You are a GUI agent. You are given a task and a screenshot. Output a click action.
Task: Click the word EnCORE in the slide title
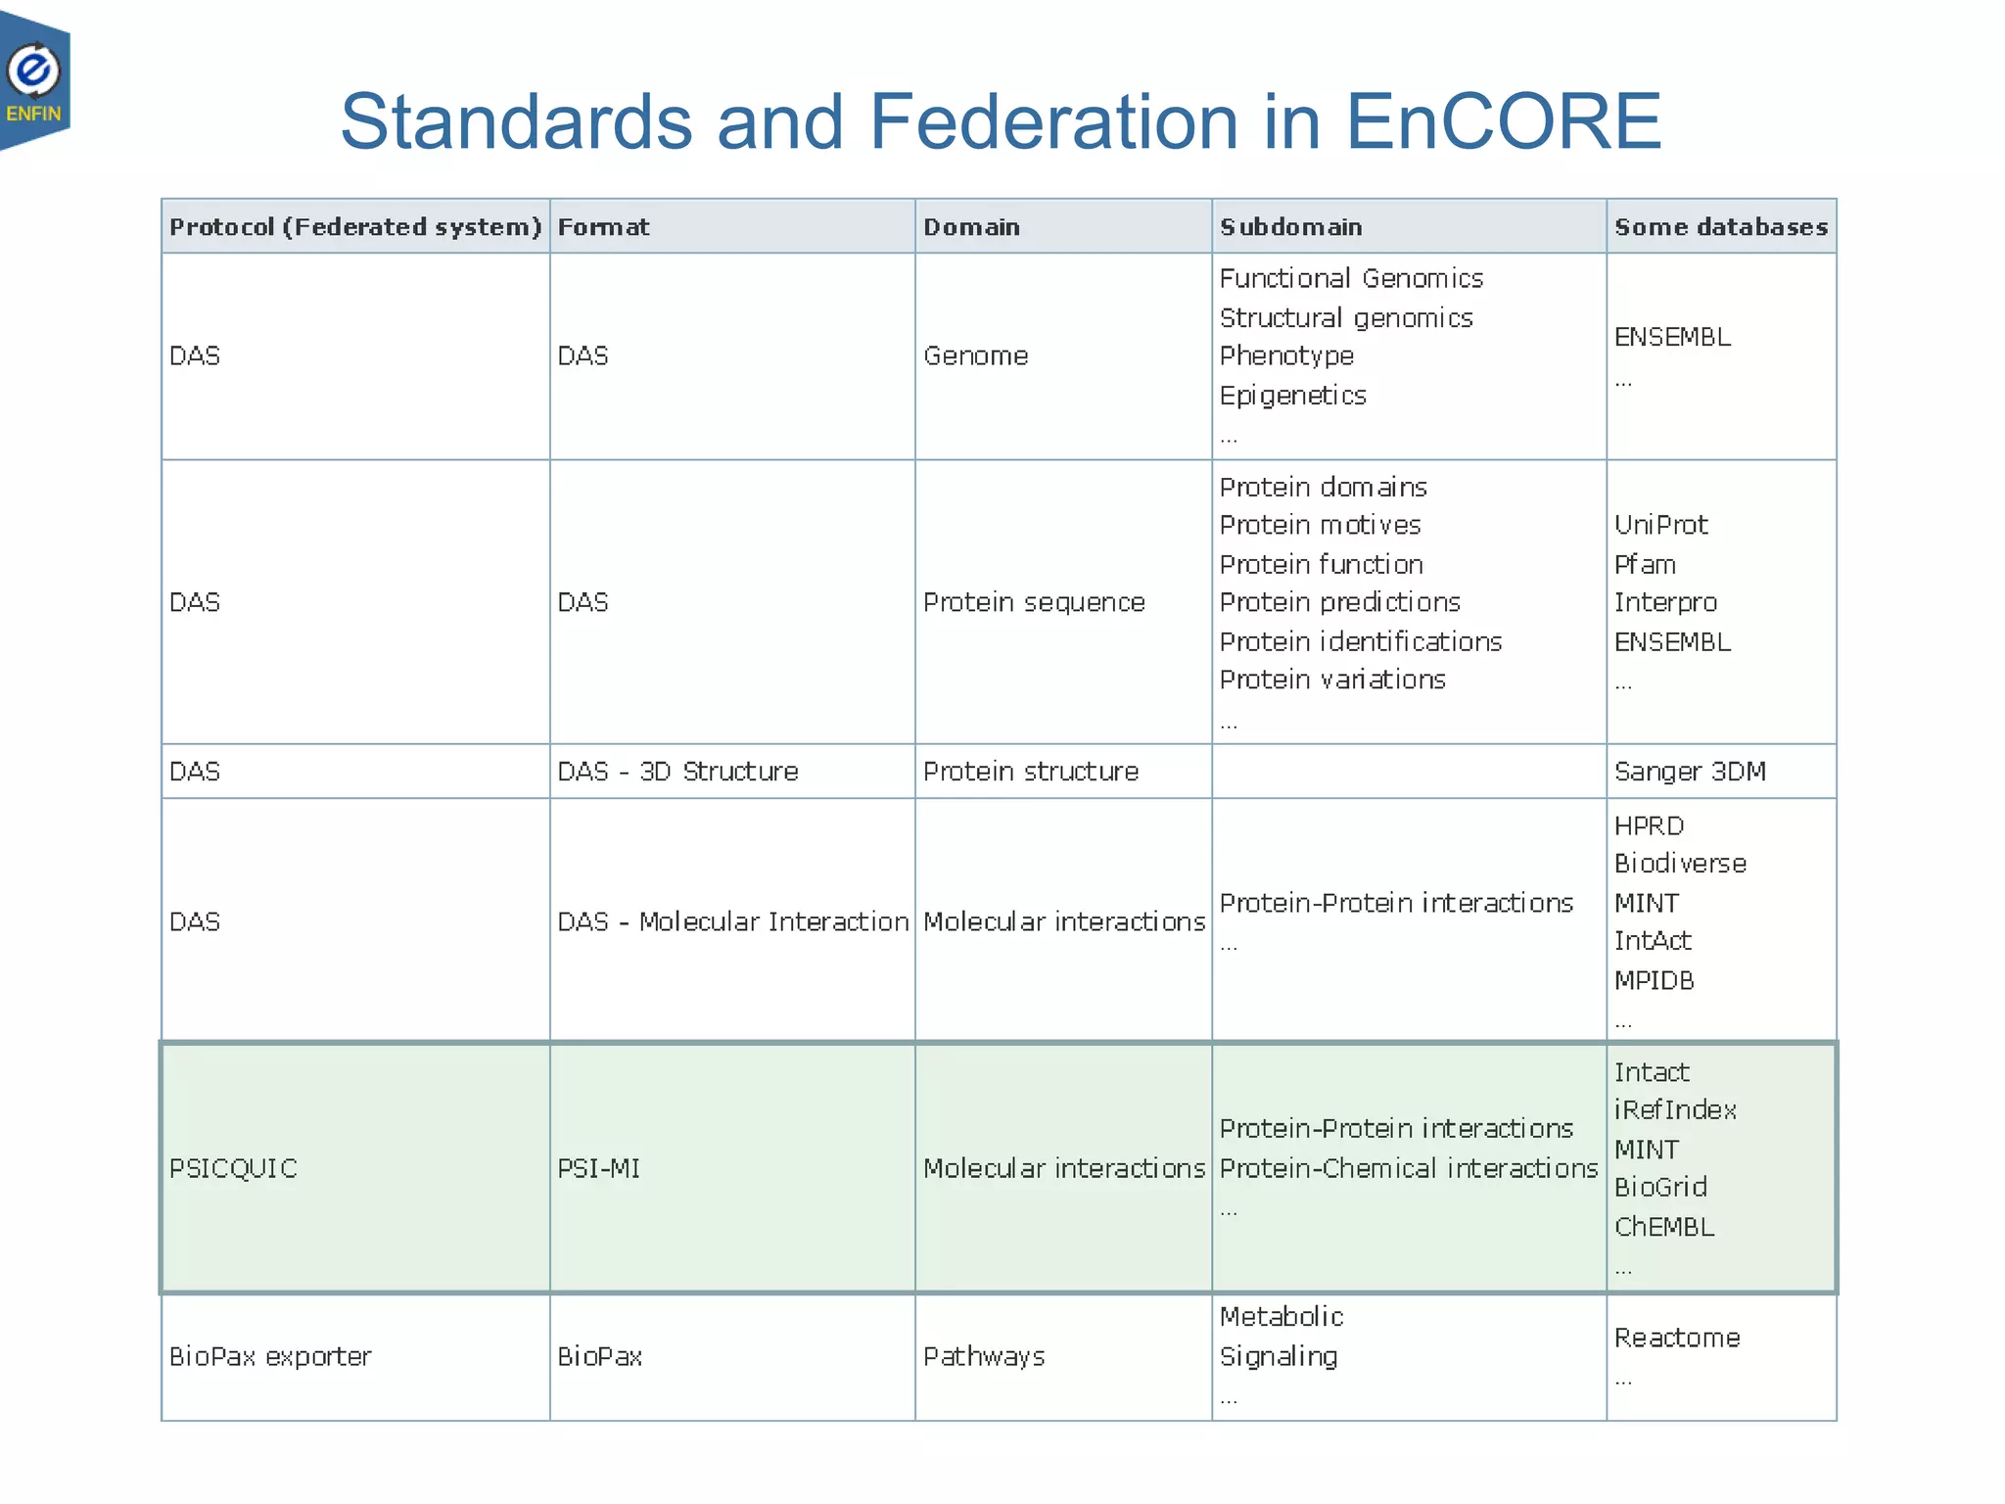coord(1503,122)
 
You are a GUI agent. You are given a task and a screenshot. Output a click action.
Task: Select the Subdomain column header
coord(1290,227)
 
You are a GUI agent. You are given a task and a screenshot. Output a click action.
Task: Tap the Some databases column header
coord(1720,227)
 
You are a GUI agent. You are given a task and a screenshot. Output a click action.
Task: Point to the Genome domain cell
coord(975,356)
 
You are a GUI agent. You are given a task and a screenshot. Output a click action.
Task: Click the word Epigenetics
coord(1292,396)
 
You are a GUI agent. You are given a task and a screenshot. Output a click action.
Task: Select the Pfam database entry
coord(1645,565)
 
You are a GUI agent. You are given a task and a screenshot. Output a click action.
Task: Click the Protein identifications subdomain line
coord(1360,642)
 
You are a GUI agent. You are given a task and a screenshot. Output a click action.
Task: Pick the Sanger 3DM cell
coord(1690,772)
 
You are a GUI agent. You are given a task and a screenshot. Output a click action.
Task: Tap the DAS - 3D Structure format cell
coord(677,772)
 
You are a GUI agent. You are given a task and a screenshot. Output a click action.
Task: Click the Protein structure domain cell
coord(1031,772)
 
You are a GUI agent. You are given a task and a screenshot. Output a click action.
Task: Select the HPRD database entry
coord(1649,826)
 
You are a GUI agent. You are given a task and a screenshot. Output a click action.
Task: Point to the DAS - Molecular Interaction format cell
coord(732,921)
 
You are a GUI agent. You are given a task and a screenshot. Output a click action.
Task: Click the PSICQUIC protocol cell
coord(233,1168)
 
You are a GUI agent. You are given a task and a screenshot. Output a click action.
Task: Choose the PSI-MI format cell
coord(598,1168)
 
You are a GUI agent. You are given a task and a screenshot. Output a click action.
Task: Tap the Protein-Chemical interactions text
coord(1408,1168)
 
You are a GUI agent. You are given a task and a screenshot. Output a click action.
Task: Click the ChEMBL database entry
coord(1664,1227)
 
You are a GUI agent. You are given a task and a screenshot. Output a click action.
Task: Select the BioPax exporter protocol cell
coord(270,1356)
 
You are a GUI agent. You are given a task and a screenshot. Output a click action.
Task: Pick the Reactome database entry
coord(1677,1338)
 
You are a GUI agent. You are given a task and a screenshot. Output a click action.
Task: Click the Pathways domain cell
coord(984,1356)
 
